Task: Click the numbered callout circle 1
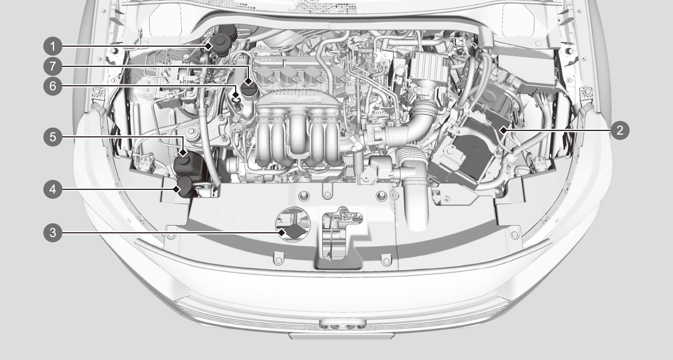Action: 53,46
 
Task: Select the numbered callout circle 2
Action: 620,130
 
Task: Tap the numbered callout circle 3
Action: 53,232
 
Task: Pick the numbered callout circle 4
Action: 53,189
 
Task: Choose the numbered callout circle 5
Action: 53,137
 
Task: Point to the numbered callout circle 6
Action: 53,86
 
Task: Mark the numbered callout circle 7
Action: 53,66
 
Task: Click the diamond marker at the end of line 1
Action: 209,46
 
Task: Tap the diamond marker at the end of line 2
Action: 503,130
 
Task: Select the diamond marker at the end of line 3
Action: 282,232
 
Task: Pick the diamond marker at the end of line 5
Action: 183,153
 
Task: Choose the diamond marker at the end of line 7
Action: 248,81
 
